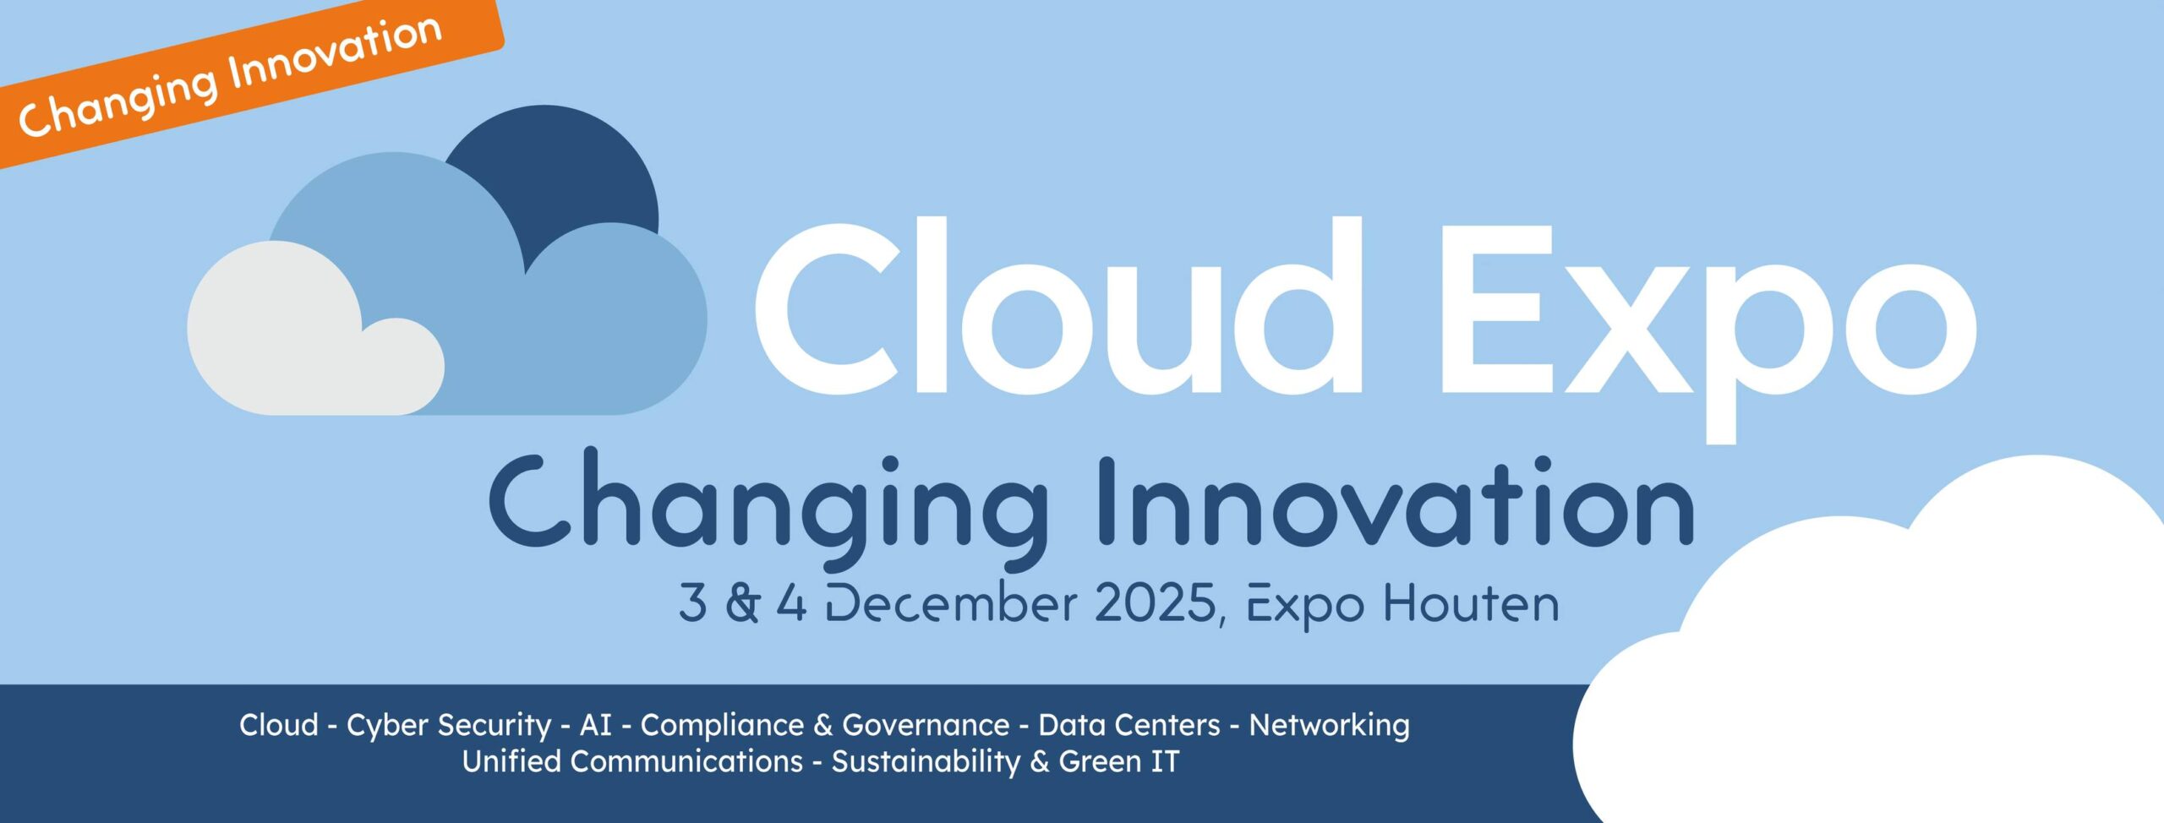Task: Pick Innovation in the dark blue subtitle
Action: coord(1396,503)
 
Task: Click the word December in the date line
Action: coord(951,603)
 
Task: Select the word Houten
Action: coord(1471,603)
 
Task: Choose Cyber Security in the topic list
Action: coord(449,726)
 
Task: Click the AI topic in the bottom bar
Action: coord(595,725)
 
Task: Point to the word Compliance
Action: coord(722,726)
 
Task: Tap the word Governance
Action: coord(926,725)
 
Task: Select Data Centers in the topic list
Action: coord(1129,725)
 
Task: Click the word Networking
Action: coord(1330,726)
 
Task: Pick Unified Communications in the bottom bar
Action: coord(632,761)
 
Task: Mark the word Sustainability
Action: coord(926,762)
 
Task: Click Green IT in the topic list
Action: coord(1118,761)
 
